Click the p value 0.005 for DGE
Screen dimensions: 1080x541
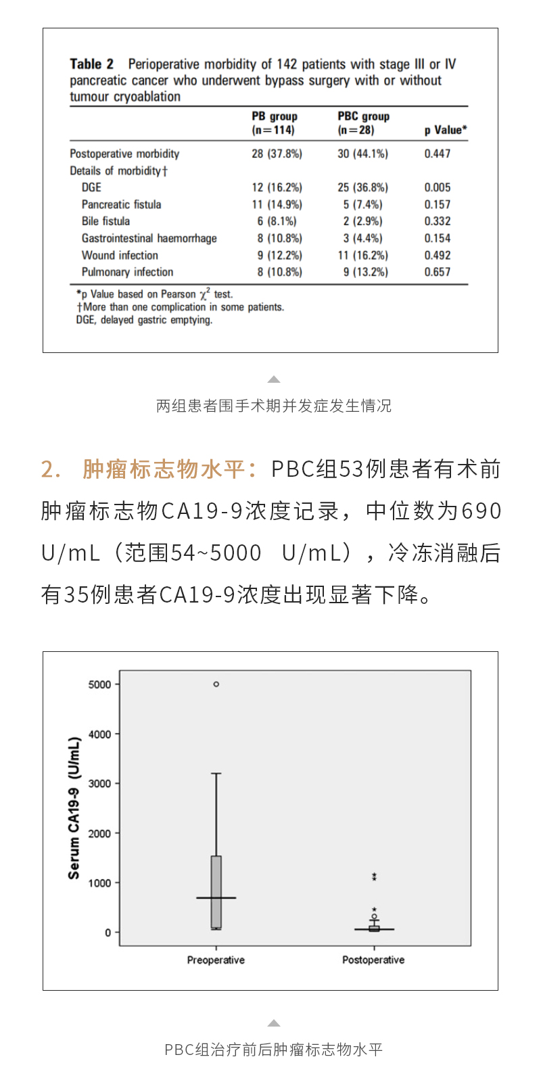[437, 187]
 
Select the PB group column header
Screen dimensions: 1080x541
[274, 122]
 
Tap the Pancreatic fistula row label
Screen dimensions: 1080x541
[121, 204]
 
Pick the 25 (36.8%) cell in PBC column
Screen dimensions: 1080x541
[362, 187]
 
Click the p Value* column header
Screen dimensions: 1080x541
[445, 130]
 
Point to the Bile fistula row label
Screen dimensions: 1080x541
[105, 221]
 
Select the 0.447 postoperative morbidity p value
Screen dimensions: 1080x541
[437, 154]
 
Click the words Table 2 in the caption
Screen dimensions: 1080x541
[91, 64]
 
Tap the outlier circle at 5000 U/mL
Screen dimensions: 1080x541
[216, 684]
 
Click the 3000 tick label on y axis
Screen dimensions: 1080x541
[99, 784]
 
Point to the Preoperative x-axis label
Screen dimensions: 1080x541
[216, 960]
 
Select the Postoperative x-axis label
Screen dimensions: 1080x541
[373, 960]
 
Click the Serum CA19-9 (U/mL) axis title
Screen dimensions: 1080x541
[74, 808]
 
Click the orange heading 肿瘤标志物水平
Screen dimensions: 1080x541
[164, 469]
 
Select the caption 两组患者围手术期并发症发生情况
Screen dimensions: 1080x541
[273, 406]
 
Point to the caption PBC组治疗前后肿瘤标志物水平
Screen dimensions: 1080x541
[273, 1050]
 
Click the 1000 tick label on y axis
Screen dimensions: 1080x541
[99, 883]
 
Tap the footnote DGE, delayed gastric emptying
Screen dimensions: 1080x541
[144, 320]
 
